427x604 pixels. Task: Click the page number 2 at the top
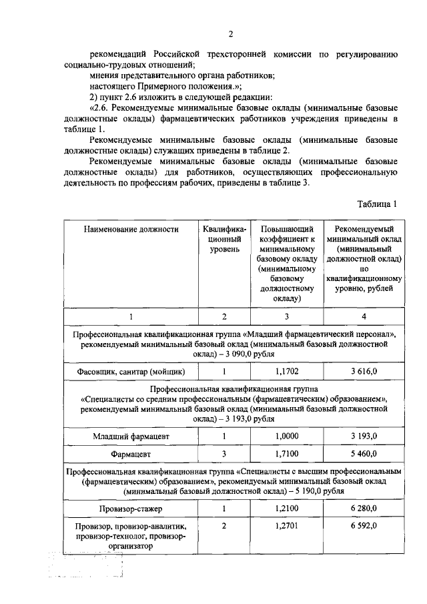click(230, 35)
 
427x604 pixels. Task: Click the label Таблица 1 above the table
click(377, 204)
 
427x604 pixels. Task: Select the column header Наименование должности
click(131, 229)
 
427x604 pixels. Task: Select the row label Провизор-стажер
click(131, 509)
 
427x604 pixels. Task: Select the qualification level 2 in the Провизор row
click(225, 526)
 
